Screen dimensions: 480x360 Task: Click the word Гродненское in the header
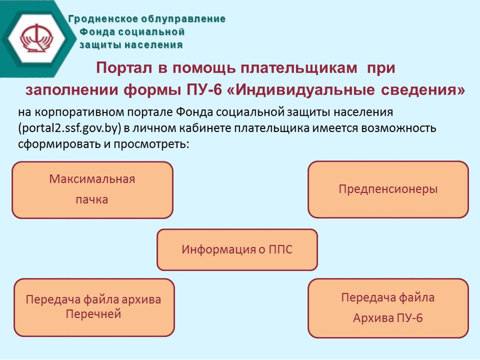(103, 19)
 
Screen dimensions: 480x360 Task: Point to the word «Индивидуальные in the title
(302, 90)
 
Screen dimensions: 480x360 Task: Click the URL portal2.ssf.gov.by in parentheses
(69, 129)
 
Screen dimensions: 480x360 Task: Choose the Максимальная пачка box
(93, 190)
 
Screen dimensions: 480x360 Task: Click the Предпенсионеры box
(388, 189)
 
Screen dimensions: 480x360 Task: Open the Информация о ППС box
(237, 250)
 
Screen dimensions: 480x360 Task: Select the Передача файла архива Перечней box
(94, 307)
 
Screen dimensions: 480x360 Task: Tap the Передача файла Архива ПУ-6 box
(388, 308)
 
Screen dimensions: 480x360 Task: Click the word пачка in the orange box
(92, 200)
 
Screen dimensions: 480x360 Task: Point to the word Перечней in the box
(93, 314)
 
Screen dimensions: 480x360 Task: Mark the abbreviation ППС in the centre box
(280, 250)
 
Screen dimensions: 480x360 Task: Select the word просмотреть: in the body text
(151, 144)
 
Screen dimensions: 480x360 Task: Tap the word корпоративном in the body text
(79, 113)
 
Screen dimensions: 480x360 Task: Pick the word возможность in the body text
(399, 128)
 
